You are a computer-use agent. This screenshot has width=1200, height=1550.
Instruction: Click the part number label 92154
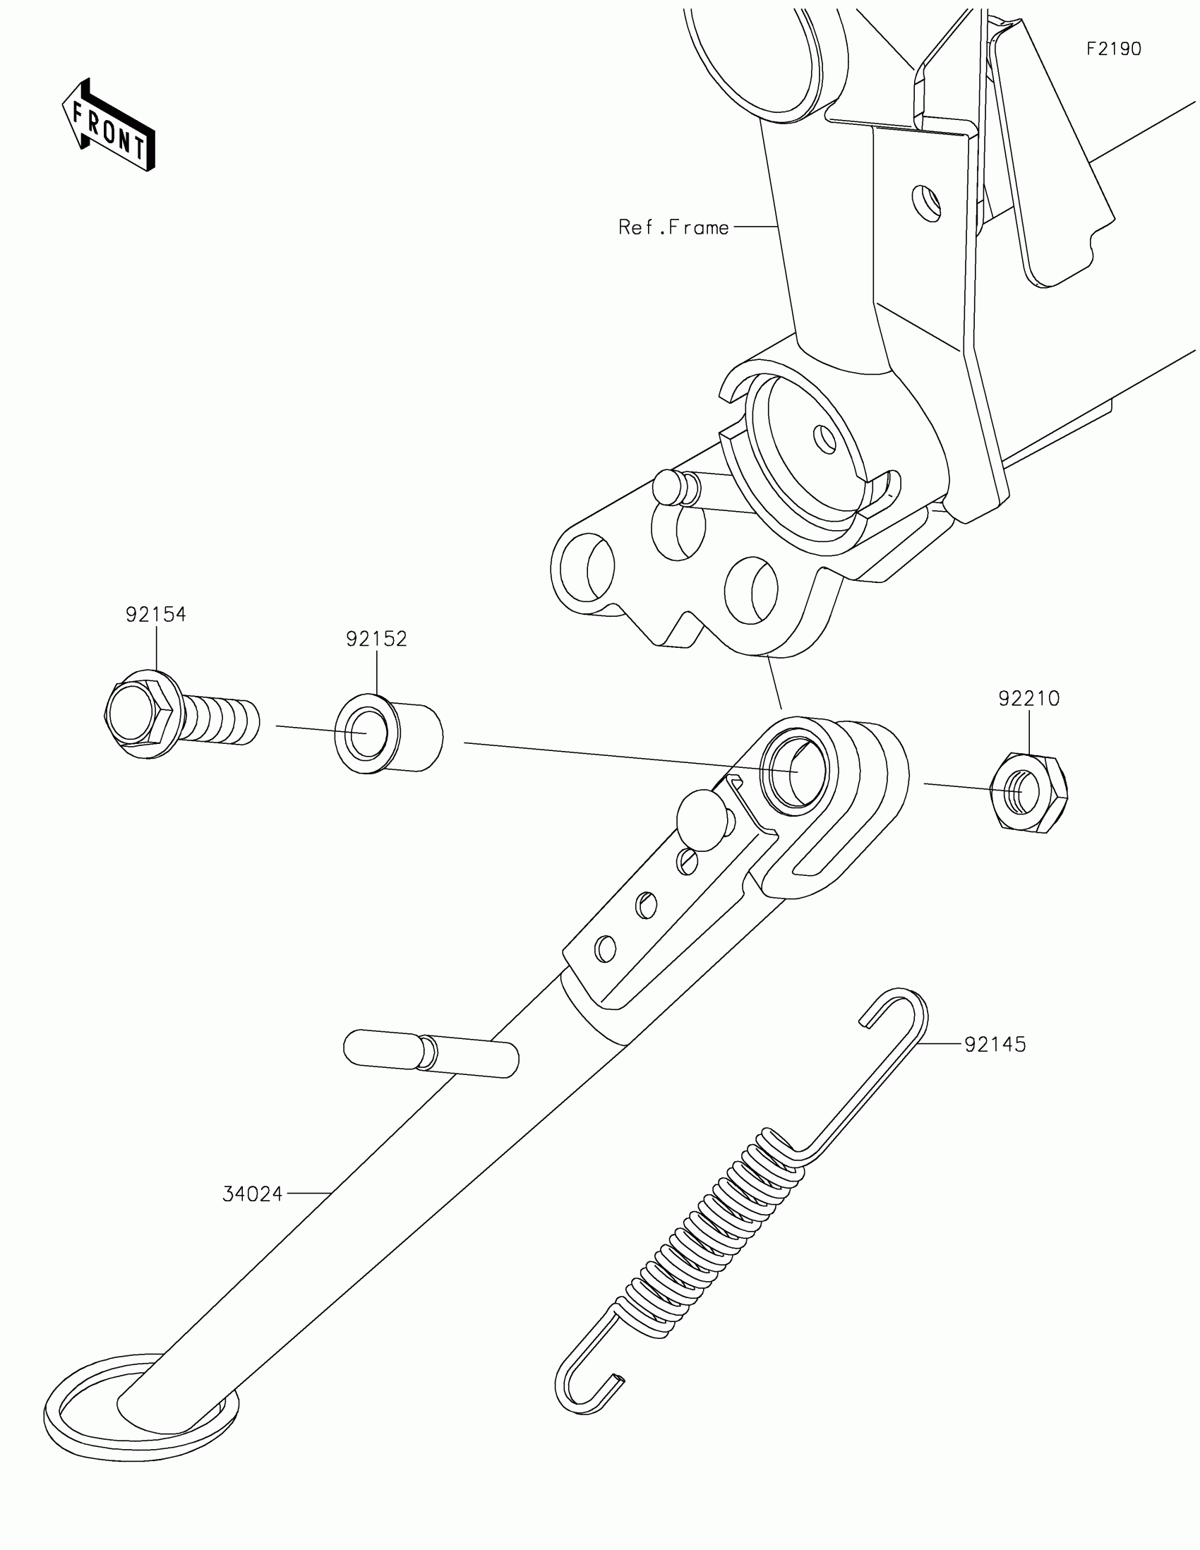(155, 614)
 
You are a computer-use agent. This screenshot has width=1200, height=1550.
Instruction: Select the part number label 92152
(376, 639)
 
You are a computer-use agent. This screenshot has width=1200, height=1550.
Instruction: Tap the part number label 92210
(1028, 698)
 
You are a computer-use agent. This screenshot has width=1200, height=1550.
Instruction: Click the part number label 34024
(253, 1194)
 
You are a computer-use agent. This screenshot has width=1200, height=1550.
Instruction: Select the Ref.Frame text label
(673, 227)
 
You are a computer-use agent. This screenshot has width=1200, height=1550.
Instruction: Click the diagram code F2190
(1113, 49)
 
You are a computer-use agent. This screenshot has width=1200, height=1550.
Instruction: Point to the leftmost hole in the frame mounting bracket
(586, 570)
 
